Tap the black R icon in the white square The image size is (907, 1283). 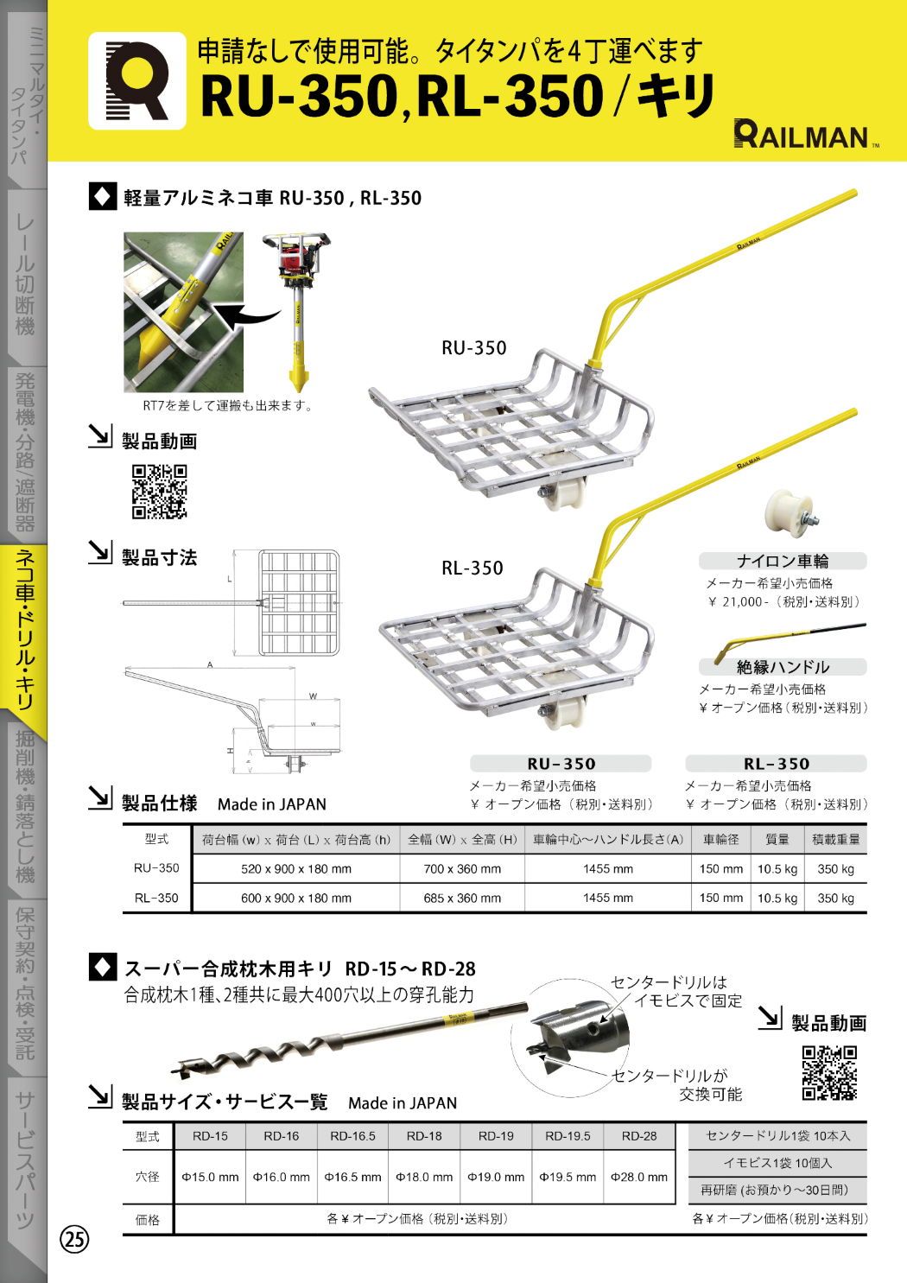tap(136, 81)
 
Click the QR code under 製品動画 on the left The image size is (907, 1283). tap(159, 492)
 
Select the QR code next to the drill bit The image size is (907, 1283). tap(829, 1072)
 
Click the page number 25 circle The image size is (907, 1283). tap(74, 1239)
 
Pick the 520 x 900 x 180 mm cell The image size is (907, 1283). tap(296, 869)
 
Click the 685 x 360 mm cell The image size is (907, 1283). tap(462, 899)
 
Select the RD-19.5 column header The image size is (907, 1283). tap(568, 1136)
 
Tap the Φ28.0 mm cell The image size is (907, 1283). tap(639, 1177)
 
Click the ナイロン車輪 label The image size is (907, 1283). tap(783, 561)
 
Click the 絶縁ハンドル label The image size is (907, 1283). tap(783, 667)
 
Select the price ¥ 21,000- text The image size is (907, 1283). tap(737, 602)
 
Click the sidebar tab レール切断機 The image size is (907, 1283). tap(24, 276)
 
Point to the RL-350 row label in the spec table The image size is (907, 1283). tap(156, 899)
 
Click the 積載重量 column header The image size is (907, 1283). tap(835, 839)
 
